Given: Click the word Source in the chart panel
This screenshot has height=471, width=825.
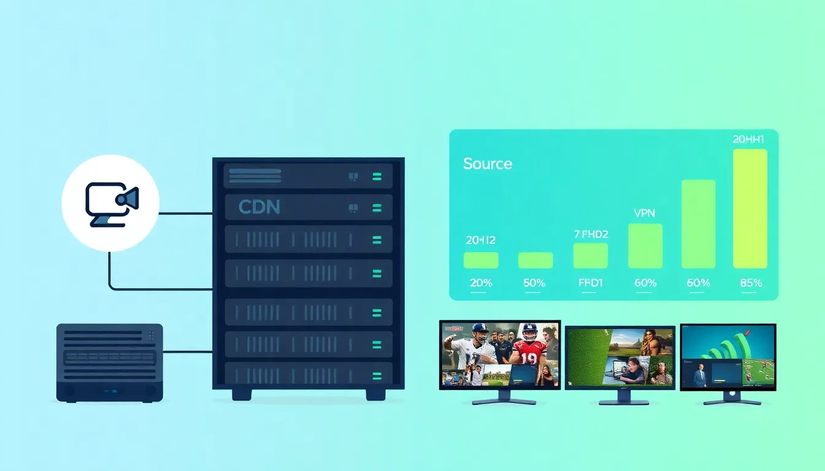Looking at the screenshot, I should [487, 164].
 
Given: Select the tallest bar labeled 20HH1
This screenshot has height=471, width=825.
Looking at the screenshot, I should [749, 209].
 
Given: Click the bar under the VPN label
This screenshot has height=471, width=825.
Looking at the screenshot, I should [645, 245].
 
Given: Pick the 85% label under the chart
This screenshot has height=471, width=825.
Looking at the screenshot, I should [751, 283].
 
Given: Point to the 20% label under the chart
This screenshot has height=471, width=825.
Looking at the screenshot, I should [481, 283].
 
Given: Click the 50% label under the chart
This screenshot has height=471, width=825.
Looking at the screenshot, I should [535, 283].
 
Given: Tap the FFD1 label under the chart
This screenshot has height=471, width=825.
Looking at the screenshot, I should [590, 283].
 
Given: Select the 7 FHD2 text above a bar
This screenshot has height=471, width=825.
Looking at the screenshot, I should [591, 234].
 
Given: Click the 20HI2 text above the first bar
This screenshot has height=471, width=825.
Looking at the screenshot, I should [480, 240].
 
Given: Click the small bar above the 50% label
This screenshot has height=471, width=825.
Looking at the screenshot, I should [535, 260].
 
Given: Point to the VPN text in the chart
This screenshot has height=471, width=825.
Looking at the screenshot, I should [644, 213].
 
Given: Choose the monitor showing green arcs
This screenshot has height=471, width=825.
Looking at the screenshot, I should [728, 358].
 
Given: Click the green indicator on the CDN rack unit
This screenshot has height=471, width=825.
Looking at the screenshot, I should [376, 207].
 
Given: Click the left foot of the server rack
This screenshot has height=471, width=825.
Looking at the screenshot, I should [242, 394].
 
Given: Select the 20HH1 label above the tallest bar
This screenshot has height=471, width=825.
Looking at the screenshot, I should [748, 139].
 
